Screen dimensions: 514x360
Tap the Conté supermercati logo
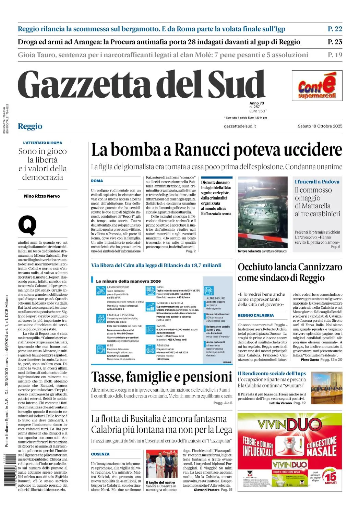click(x=317, y=86)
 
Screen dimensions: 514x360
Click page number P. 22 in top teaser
click(x=335, y=29)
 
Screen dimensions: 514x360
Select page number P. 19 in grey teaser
click(x=335, y=55)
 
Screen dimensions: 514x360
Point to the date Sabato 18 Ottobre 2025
click(x=320, y=126)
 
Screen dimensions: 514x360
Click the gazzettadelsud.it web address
click(x=240, y=126)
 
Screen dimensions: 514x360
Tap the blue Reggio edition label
click(x=30, y=126)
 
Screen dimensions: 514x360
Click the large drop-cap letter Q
click(x=27, y=225)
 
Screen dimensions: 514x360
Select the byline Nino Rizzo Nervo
click(x=42, y=196)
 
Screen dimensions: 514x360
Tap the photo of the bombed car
click(x=263, y=212)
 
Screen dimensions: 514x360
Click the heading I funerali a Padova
click(x=317, y=182)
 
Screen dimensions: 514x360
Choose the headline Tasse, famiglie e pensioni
click(x=161, y=377)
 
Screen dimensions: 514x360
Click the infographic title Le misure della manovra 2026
click(x=128, y=281)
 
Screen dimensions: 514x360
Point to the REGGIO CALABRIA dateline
click(x=256, y=315)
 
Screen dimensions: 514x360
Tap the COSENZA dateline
click(x=100, y=454)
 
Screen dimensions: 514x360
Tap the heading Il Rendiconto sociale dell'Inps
click(x=272, y=374)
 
